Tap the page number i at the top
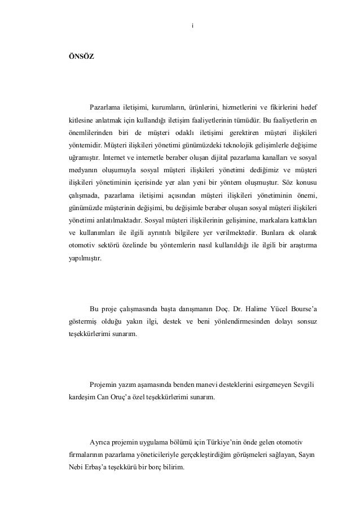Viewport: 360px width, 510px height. point(193,25)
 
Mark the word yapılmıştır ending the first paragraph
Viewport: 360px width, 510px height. point(82,258)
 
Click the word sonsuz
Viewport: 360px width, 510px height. point(306,321)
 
